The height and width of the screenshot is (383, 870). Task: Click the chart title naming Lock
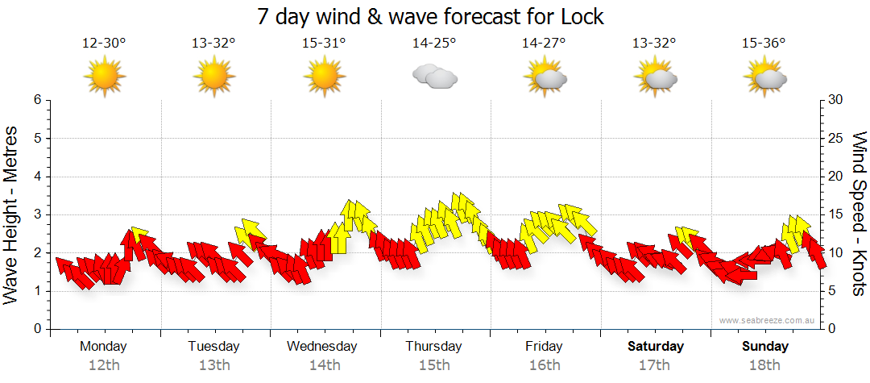(430, 16)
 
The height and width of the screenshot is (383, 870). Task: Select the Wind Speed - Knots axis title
(858, 214)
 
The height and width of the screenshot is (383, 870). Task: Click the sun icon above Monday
(105, 77)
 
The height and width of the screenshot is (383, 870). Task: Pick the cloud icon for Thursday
(435, 77)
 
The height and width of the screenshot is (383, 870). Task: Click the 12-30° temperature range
(104, 43)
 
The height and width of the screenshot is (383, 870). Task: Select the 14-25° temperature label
(434, 43)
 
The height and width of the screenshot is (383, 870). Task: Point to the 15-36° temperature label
(764, 43)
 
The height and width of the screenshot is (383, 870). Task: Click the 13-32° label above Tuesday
(213, 43)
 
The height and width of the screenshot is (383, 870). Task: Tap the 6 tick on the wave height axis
(36, 100)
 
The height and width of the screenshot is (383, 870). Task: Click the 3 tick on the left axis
(36, 214)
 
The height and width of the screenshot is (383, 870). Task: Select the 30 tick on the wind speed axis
(836, 100)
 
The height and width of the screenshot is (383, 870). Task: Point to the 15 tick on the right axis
(836, 214)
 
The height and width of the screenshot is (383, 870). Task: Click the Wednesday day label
(321, 347)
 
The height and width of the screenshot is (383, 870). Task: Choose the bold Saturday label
(656, 347)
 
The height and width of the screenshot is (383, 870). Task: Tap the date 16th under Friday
(545, 365)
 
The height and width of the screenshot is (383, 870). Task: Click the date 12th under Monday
(104, 365)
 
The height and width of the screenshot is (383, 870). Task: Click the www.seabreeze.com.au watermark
(768, 321)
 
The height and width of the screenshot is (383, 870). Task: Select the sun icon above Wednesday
(324, 77)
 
